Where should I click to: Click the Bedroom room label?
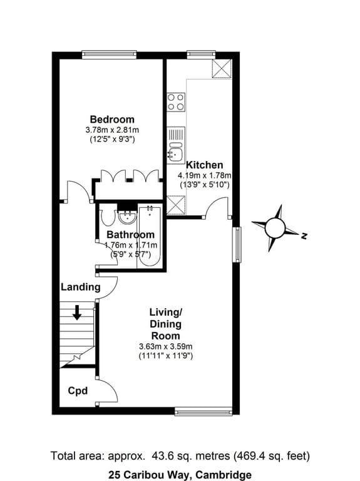click(111, 120)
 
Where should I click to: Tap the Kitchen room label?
click(204, 165)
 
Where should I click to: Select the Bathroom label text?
click(130, 235)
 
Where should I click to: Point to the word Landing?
click(80, 287)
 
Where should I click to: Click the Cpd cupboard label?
click(77, 391)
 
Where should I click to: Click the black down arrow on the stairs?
click(77, 312)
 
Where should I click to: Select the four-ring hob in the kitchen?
click(176, 102)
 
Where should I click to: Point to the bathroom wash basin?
click(128, 217)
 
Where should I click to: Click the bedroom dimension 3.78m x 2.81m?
click(111, 130)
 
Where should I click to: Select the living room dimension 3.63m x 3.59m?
click(165, 346)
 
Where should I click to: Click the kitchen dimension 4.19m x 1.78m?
click(205, 175)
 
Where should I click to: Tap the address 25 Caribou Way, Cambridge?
click(180, 474)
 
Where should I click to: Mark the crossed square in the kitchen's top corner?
click(221, 69)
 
